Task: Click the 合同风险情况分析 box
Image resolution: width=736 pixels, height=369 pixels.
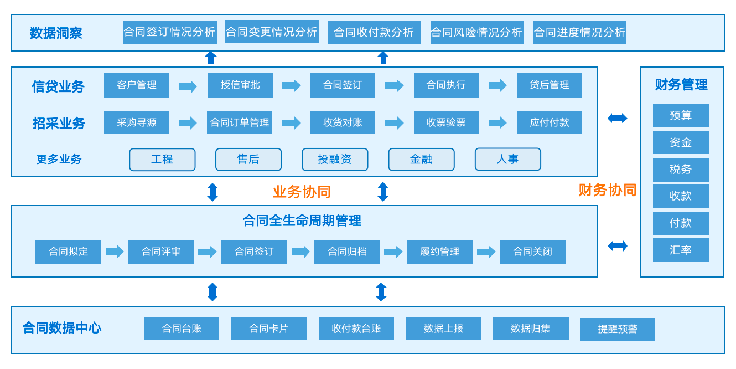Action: pyautogui.click(x=476, y=33)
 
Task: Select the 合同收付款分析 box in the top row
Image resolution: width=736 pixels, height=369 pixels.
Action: pyautogui.click(x=374, y=33)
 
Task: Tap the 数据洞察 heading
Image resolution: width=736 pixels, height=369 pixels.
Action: pyautogui.click(x=56, y=33)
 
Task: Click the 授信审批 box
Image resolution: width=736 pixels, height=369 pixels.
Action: pyautogui.click(x=240, y=85)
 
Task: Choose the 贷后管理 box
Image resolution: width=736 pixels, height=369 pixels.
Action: pyautogui.click(x=549, y=85)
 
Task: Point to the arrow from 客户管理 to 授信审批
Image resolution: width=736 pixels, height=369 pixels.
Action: pyautogui.click(x=188, y=86)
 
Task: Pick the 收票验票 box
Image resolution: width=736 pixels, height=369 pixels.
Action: pyautogui.click(x=446, y=122)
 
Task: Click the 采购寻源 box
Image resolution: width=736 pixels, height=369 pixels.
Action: pyautogui.click(x=137, y=122)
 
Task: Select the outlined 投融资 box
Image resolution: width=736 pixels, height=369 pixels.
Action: pyautogui.click(x=335, y=160)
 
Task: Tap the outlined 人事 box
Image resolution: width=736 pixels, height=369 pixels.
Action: pyautogui.click(x=507, y=160)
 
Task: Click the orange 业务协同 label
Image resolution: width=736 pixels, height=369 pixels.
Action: pyautogui.click(x=302, y=192)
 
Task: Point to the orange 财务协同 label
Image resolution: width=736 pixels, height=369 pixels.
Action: pyautogui.click(x=607, y=190)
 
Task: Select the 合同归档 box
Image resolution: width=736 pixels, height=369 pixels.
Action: pyautogui.click(x=347, y=252)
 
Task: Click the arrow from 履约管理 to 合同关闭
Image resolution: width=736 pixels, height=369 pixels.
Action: pyautogui.click(x=486, y=252)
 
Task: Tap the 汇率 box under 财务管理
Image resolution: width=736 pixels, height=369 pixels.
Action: pyautogui.click(x=681, y=250)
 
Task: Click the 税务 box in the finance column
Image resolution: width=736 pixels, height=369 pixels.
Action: pyautogui.click(x=681, y=170)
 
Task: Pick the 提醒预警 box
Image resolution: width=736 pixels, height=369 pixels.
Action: pyautogui.click(x=617, y=330)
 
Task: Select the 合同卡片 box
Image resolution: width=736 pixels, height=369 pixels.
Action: pyautogui.click(x=268, y=329)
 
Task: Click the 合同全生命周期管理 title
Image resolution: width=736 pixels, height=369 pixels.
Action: pyautogui.click(x=302, y=221)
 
